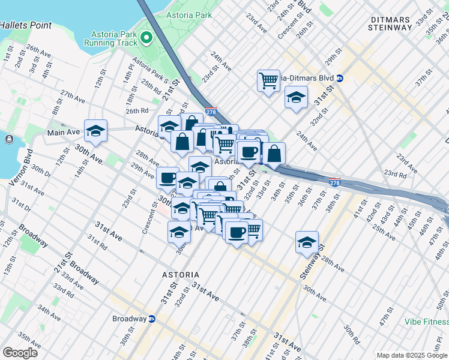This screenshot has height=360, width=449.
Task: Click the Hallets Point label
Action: pyautogui.click(x=26, y=26)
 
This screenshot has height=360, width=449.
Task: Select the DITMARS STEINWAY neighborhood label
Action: pyautogui.click(x=390, y=22)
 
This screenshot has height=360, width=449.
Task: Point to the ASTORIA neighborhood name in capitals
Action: pyautogui.click(x=181, y=274)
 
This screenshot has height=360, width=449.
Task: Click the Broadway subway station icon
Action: pyautogui.click(x=152, y=319)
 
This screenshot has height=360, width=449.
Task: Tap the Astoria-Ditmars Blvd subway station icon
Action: pyautogui.click(x=340, y=78)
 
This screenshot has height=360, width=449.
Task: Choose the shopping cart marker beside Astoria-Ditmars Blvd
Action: pyautogui.click(x=268, y=80)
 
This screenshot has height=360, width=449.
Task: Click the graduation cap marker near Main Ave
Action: pyautogui.click(x=95, y=130)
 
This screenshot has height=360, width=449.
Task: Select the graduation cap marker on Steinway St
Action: pyautogui.click(x=307, y=242)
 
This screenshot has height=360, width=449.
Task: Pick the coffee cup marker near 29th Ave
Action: pyautogui.click(x=168, y=178)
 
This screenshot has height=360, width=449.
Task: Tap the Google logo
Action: pyautogui.click(x=20, y=352)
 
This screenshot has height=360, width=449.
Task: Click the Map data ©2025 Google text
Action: pyautogui.click(x=411, y=355)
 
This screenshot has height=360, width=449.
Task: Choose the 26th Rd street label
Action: pyautogui.click(x=137, y=111)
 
